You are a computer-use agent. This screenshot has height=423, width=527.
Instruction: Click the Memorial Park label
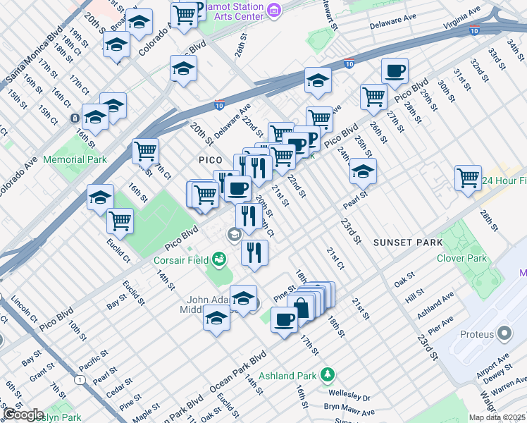[x=75, y=159]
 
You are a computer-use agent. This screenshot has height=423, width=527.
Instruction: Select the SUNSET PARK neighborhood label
[x=408, y=243]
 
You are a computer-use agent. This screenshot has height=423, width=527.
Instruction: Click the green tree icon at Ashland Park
[x=327, y=373]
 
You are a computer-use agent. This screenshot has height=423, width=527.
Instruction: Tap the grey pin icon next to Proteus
[x=504, y=332]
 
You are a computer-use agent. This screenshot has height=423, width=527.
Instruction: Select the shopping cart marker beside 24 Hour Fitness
[x=468, y=178]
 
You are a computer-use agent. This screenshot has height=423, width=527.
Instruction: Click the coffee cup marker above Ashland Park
[x=284, y=320]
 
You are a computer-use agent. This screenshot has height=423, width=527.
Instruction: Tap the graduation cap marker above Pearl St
[x=363, y=171]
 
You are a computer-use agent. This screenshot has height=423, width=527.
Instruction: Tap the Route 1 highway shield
[x=80, y=381]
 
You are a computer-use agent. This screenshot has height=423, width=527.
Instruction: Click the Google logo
[x=24, y=415]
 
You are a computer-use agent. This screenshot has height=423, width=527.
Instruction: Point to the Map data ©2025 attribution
[x=497, y=417]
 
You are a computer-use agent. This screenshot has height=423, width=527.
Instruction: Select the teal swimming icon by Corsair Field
[x=220, y=260]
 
